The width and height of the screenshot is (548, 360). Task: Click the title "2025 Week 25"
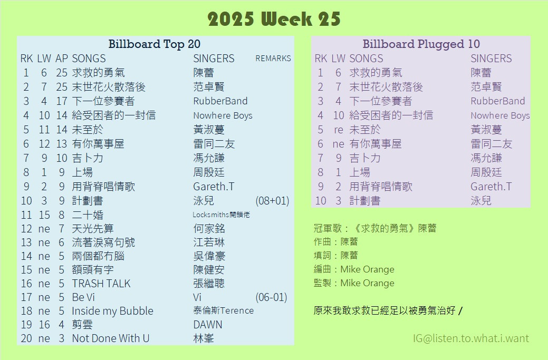click(x=274, y=19)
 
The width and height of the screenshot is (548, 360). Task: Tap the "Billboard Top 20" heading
click(x=154, y=44)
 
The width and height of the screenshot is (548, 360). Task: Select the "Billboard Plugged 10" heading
click(x=421, y=44)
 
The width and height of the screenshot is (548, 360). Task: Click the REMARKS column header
click(x=273, y=59)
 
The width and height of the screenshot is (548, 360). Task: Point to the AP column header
click(x=62, y=59)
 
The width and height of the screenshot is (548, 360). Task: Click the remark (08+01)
click(x=272, y=201)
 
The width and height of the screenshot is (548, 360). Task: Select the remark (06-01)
click(x=271, y=297)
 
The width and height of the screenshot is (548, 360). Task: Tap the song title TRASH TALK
click(x=101, y=284)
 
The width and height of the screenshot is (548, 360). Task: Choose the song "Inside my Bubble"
click(x=112, y=311)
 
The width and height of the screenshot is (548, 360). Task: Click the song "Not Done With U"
click(x=110, y=338)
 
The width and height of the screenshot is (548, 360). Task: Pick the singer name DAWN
click(x=208, y=325)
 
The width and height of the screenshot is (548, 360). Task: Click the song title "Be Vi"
click(x=83, y=297)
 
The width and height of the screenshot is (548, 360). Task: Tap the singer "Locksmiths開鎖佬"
click(x=221, y=215)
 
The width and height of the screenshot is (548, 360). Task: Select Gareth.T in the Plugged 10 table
click(x=491, y=187)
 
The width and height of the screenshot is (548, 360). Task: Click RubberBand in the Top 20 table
click(x=220, y=101)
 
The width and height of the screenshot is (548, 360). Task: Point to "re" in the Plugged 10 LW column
click(x=338, y=130)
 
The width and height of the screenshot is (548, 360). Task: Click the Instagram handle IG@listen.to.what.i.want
click(x=471, y=338)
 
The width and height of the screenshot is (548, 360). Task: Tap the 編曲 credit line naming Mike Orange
click(x=354, y=269)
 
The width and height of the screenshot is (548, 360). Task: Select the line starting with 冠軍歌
click(x=374, y=228)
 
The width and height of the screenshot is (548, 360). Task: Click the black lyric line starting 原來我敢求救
click(x=388, y=310)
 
